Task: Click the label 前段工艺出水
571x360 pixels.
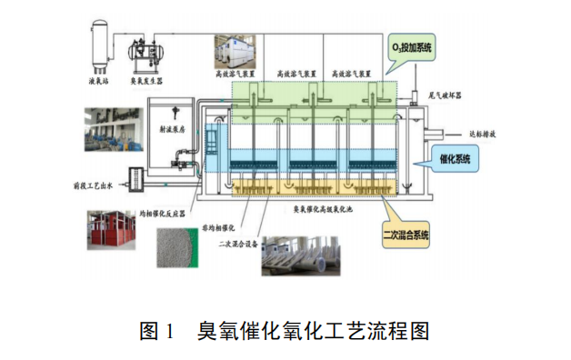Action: tap(94, 185)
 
